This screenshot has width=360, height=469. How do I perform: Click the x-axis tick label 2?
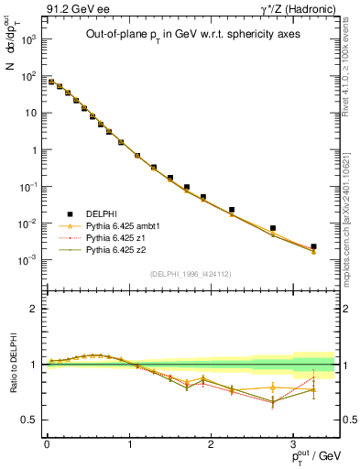tap(212, 443)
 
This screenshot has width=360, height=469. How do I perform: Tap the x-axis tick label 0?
tap(47, 443)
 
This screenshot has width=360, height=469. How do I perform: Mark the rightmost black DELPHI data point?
tap(313, 246)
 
